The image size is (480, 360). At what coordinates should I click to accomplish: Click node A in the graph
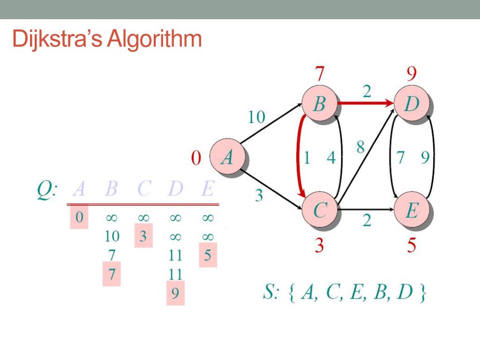[227, 158]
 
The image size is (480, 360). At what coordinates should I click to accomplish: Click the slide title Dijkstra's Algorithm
[107, 39]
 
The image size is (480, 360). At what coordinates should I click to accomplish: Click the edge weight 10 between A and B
[256, 117]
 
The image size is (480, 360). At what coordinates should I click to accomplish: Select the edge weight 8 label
[360, 148]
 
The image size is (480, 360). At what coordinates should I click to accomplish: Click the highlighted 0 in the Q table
[79, 218]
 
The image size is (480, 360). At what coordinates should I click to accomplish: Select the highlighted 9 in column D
[175, 293]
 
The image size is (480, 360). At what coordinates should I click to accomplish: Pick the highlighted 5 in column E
[208, 255]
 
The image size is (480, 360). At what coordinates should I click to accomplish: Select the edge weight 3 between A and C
[259, 195]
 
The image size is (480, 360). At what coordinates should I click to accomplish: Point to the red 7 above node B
[319, 74]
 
